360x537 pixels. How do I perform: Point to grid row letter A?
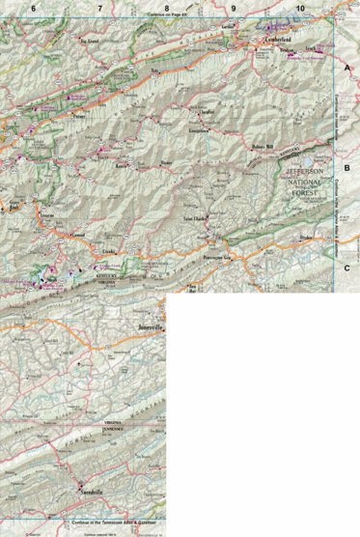tap(347, 70)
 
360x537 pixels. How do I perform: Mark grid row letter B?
tap(347, 167)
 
